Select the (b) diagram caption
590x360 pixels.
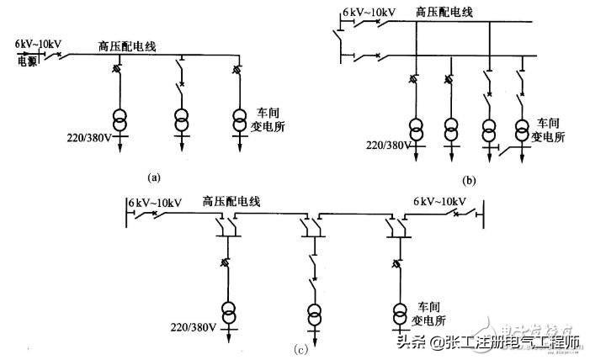[468, 179]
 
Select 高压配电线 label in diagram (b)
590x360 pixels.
[445, 13]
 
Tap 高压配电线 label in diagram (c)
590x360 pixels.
[231, 201]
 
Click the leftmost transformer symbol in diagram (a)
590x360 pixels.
[121, 120]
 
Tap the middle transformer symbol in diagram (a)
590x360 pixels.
[181, 120]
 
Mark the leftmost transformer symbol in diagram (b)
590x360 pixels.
[417, 132]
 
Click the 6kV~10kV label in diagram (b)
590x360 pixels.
[369, 13]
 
